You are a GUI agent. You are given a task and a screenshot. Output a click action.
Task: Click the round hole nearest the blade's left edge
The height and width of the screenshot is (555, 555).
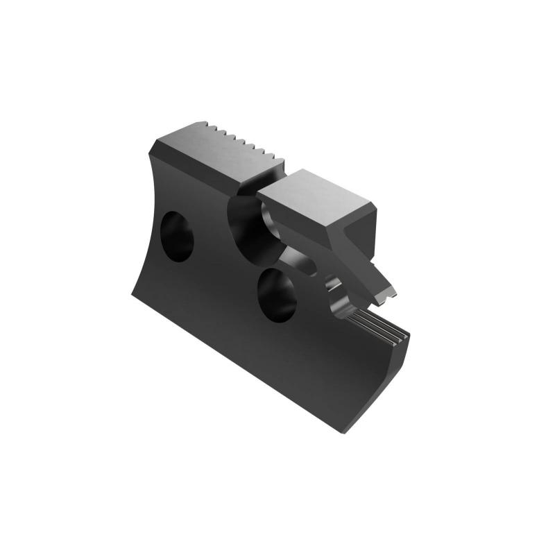pos(176,237)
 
